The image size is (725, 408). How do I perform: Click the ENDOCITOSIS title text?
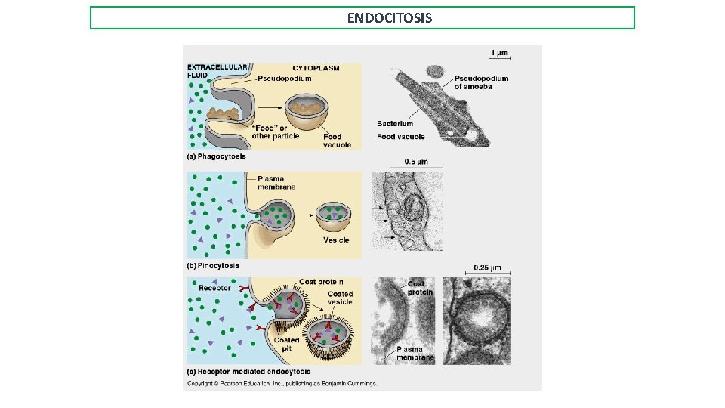click(x=390, y=17)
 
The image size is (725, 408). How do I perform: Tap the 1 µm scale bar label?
click(x=499, y=53)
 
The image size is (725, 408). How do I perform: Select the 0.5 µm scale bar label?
click(x=417, y=161)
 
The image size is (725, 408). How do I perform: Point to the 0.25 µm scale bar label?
click(x=487, y=267)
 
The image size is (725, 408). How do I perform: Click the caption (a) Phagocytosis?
click(x=216, y=157)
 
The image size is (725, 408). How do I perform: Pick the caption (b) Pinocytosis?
click(x=214, y=265)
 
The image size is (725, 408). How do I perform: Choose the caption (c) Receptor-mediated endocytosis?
click(x=248, y=371)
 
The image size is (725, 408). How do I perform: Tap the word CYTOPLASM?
click(x=316, y=68)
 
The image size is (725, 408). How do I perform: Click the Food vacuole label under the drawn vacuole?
click(x=337, y=141)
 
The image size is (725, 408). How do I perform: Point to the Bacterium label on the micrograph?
click(x=395, y=123)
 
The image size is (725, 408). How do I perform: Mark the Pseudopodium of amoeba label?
click(x=481, y=82)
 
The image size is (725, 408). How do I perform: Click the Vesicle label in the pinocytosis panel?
click(x=336, y=240)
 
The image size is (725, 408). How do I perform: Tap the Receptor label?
click(x=214, y=288)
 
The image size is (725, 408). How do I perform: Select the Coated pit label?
click(x=286, y=344)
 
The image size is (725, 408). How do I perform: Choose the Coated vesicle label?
click(x=339, y=298)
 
